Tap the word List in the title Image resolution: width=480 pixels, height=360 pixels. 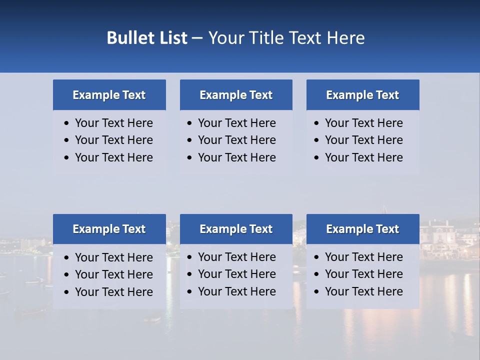pos(171,38)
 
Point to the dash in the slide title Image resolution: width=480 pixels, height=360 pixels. pos(197,38)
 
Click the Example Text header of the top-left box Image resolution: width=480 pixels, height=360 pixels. pos(109,95)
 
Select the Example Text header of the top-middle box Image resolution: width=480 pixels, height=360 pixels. pos(236,95)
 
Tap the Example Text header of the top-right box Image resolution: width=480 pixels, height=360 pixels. pos(362,95)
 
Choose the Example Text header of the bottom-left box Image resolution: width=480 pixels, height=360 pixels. pos(109,229)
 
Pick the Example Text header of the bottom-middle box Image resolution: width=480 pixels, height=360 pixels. pos(236,229)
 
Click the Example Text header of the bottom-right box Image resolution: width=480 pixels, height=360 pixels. pos(362,229)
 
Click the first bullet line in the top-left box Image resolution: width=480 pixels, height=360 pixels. pos(113,123)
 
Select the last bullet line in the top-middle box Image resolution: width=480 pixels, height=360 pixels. pos(236,157)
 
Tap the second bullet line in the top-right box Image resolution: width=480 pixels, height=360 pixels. pos(363,140)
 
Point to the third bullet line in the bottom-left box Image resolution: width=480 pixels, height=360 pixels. pos(113,292)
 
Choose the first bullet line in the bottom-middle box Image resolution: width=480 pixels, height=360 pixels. pos(236,257)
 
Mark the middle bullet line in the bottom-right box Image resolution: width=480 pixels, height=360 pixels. pos(363,274)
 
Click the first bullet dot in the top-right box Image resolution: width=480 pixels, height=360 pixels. pos(317,123)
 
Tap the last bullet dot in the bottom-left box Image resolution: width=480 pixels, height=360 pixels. pos(67,292)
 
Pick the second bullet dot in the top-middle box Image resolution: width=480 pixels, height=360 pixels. pos(190,140)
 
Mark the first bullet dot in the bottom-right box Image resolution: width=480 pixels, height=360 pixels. pos(317,257)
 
